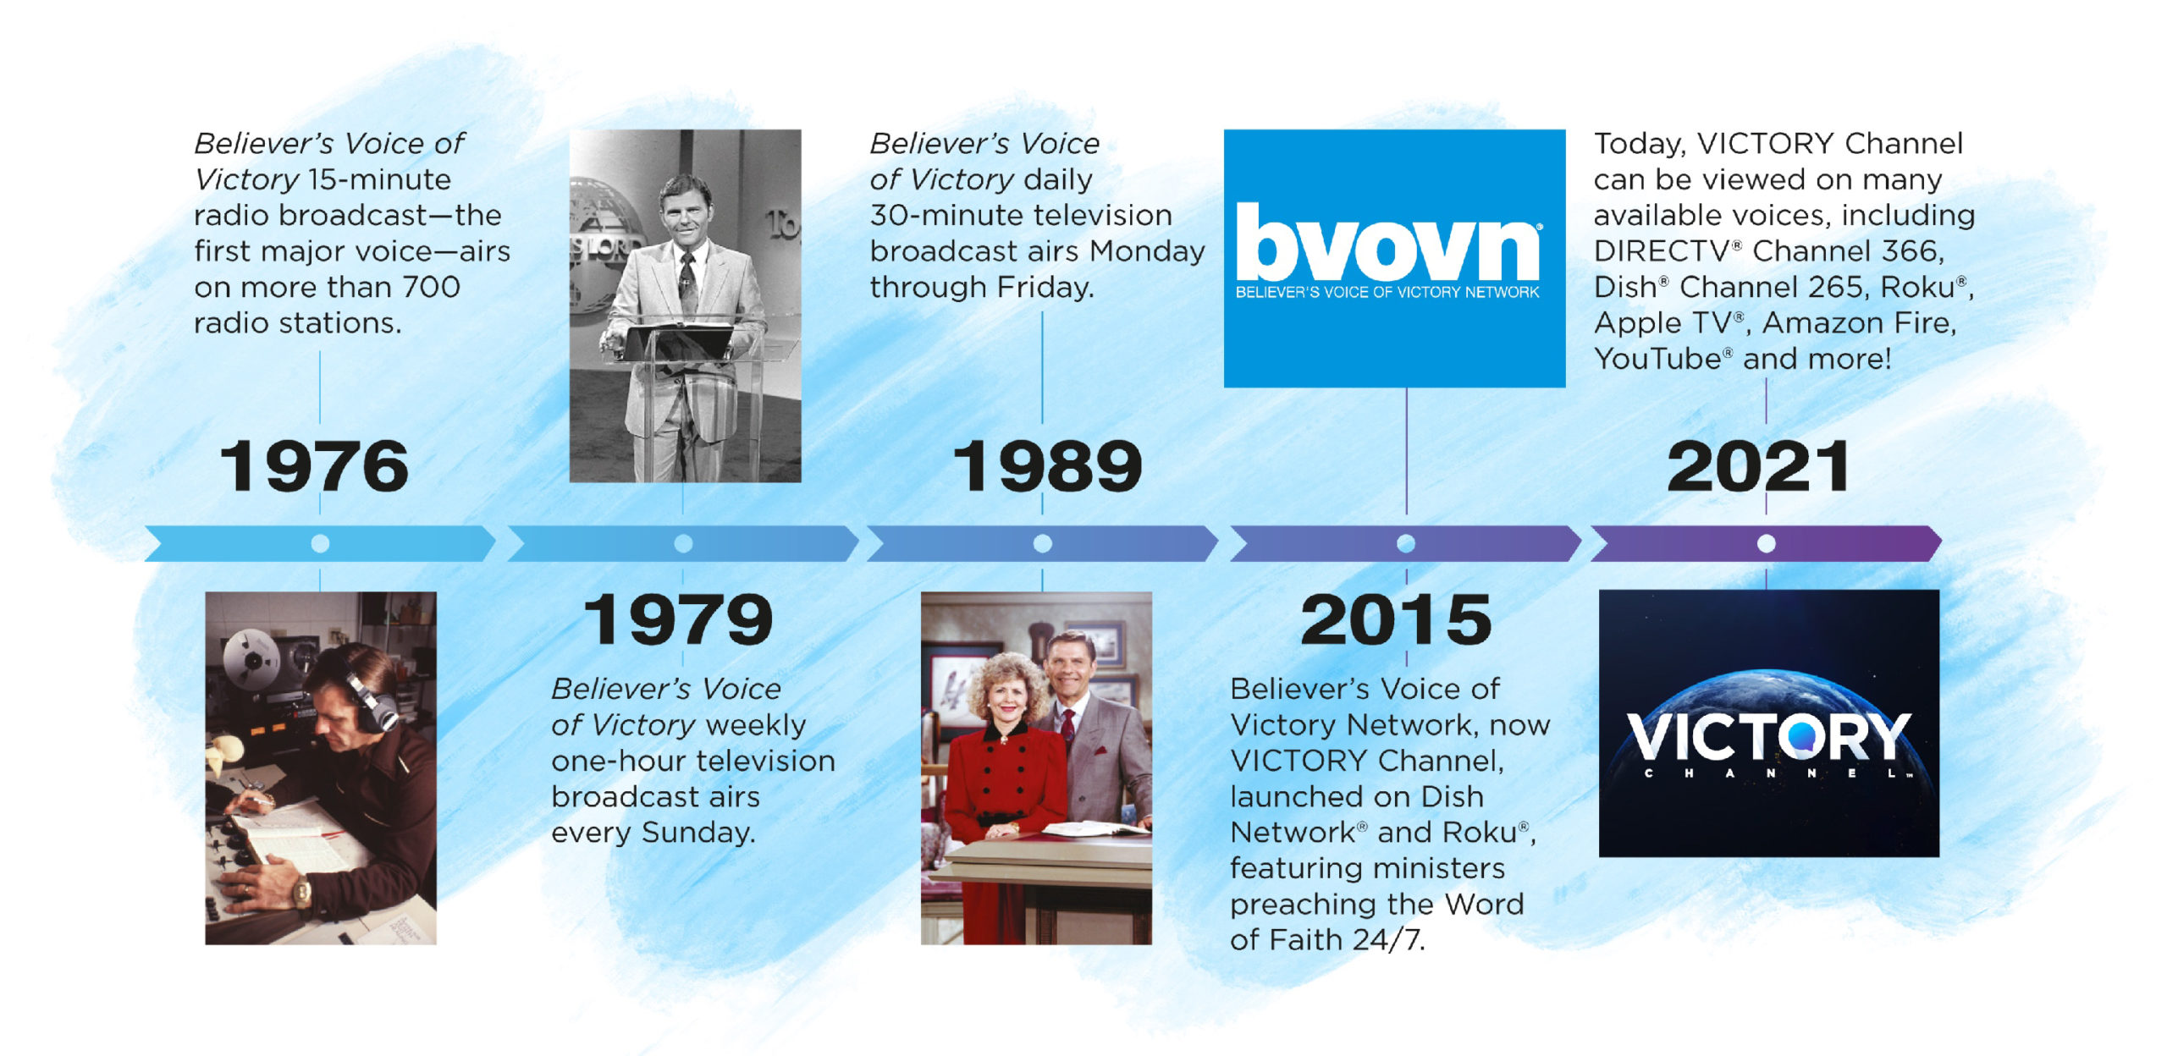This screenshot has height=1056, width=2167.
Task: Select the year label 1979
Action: [x=678, y=619]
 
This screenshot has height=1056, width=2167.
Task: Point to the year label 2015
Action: [x=1396, y=619]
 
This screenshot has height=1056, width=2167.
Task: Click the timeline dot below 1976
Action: [x=320, y=543]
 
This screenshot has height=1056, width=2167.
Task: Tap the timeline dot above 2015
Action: [x=1406, y=543]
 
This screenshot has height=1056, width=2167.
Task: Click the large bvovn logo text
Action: [x=1387, y=241]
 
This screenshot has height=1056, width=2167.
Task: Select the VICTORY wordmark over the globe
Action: [x=1768, y=736]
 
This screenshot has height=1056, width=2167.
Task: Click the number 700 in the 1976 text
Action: [x=431, y=287]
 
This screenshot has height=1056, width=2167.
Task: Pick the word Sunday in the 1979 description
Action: [x=698, y=833]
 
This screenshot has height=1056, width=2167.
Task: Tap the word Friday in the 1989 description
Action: [x=1045, y=288]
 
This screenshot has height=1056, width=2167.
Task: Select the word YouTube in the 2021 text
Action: [x=1657, y=359]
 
